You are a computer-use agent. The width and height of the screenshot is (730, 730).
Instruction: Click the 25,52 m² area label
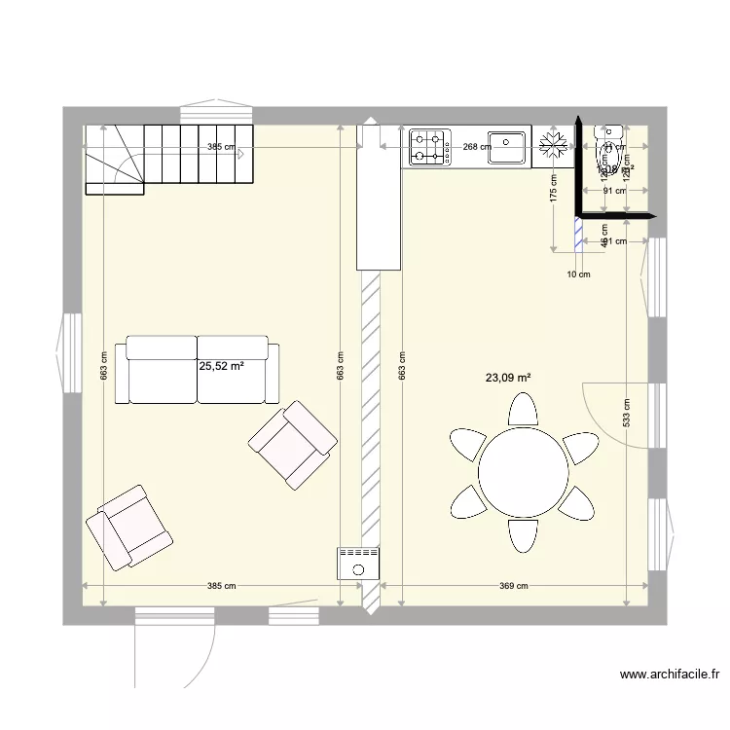click(x=221, y=367)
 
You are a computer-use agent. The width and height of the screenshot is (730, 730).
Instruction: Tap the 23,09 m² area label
click(x=509, y=378)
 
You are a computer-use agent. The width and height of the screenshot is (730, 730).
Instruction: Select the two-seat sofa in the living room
click(x=198, y=370)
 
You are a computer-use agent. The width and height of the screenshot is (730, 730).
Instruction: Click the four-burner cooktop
click(x=429, y=146)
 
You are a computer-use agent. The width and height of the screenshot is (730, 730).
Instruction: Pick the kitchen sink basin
click(x=506, y=147)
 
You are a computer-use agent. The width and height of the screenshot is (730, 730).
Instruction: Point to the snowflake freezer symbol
click(x=553, y=146)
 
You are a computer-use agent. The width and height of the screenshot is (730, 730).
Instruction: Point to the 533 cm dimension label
click(x=627, y=414)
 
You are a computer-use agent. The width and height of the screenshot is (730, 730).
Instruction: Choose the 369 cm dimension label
click(x=513, y=586)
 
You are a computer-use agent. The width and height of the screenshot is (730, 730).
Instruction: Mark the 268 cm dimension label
click(x=476, y=148)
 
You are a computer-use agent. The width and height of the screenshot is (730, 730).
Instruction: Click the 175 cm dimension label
click(x=553, y=188)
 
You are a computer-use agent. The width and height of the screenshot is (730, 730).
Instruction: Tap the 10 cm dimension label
click(x=578, y=274)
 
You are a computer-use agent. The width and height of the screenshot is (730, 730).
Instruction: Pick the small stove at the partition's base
click(x=357, y=563)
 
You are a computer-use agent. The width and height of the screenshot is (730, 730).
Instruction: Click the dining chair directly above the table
click(x=523, y=410)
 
